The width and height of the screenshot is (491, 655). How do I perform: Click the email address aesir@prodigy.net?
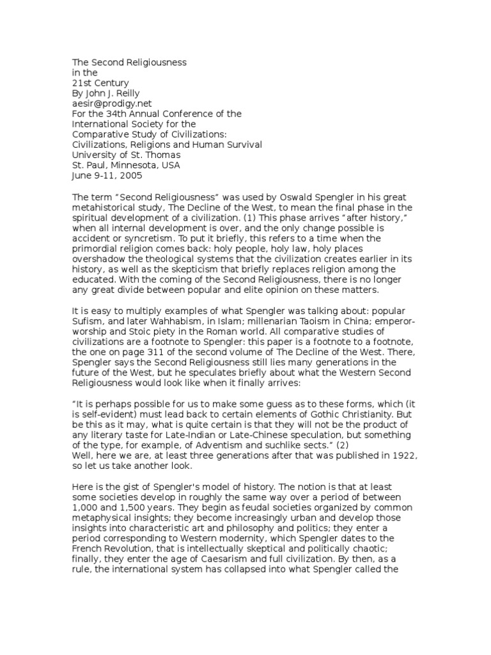(107, 103)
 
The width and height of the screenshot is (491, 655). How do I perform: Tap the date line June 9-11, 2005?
(107, 175)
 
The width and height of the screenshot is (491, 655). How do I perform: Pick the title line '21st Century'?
(100, 83)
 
